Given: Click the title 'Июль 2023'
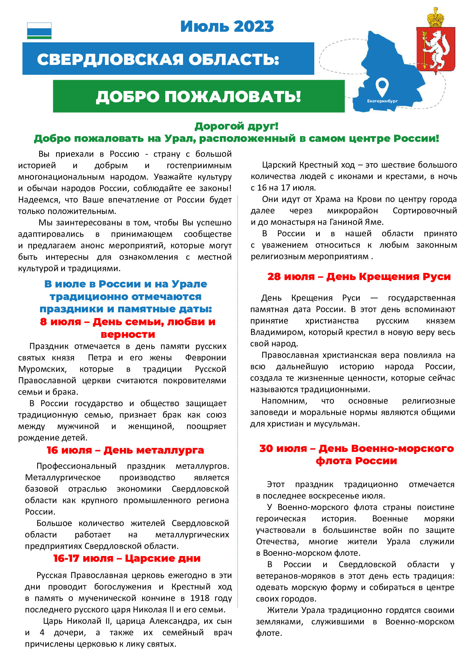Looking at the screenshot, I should pyautogui.click(x=227, y=27).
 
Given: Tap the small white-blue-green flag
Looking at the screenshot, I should pyautogui.click(x=39, y=31).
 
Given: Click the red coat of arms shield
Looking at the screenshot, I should pyautogui.click(x=436, y=49).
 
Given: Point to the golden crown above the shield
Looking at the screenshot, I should pyautogui.click(x=436, y=17).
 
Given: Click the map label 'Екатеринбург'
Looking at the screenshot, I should pyautogui.click(x=382, y=101).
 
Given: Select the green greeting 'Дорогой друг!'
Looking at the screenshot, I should pyautogui.click(x=236, y=126).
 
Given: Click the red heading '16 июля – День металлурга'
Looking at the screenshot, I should pyautogui.click(x=125, y=450).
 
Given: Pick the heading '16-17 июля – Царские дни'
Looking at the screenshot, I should pyautogui.click(x=127, y=558).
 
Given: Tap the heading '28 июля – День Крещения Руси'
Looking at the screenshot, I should pyautogui.click(x=359, y=276).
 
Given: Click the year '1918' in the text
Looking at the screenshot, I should pyautogui.click(x=200, y=598).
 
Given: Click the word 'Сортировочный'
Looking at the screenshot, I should pyautogui.click(x=425, y=211).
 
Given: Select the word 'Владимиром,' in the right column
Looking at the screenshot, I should pyautogui.click(x=277, y=332).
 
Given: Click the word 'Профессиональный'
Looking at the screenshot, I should pyautogui.click(x=76, y=466).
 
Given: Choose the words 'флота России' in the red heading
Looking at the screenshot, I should pyautogui.click(x=356, y=461).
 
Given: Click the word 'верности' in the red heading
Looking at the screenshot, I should pyautogui.click(x=128, y=334).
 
